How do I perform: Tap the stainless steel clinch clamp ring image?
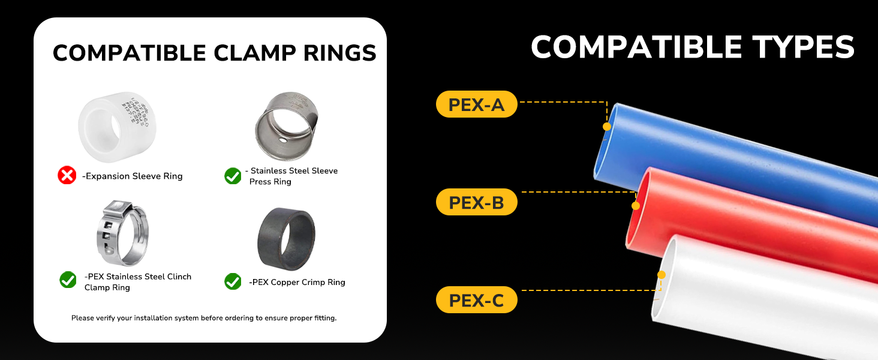(x=121, y=233)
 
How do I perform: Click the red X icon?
(x=67, y=175)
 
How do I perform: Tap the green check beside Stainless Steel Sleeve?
(x=233, y=176)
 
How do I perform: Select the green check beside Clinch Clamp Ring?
(x=68, y=280)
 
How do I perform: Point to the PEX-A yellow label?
(x=476, y=104)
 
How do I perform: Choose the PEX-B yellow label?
(x=476, y=202)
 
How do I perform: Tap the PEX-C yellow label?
(x=476, y=300)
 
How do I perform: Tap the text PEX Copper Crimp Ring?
(x=297, y=282)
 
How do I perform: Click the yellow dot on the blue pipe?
(x=607, y=127)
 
